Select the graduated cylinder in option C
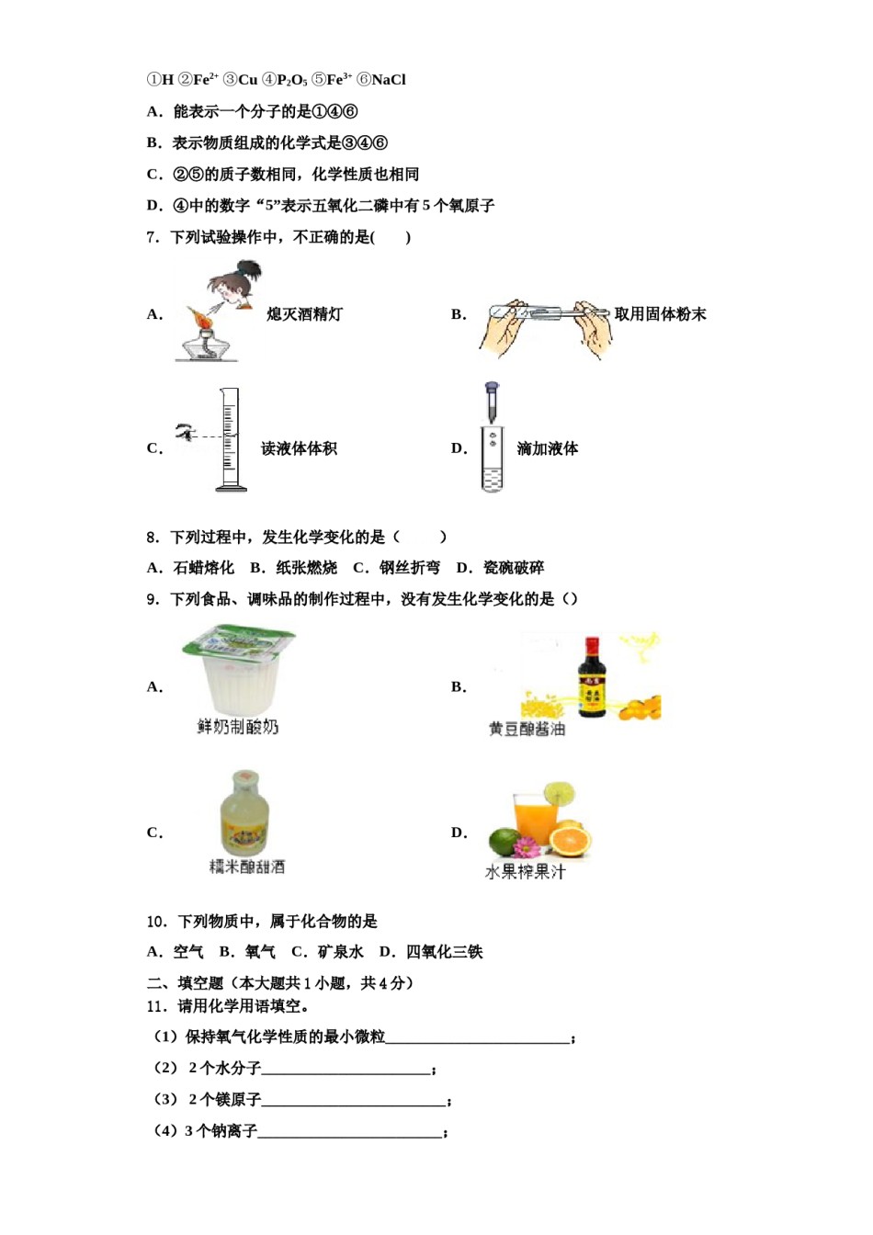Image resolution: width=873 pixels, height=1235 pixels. pyautogui.click(x=229, y=439)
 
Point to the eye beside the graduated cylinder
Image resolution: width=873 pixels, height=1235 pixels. pyautogui.click(x=186, y=430)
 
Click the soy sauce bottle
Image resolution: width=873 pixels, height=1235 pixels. pyautogui.click(x=591, y=678)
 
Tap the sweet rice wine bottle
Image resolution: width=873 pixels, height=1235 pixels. pyautogui.click(x=244, y=813)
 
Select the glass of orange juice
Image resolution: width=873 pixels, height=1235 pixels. pyautogui.click(x=535, y=821)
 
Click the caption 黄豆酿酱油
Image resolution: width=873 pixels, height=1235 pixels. pyautogui.click(x=527, y=729)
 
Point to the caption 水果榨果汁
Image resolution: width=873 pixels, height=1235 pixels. pyautogui.click(x=525, y=871)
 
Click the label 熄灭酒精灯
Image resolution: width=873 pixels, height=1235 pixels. pyautogui.click(x=304, y=314)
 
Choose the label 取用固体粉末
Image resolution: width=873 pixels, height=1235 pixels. pyautogui.click(x=660, y=314)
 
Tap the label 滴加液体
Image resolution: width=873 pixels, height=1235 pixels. pyautogui.click(x=547, y=448)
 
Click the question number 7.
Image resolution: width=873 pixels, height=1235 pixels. pyautogui.click(x=152, y=237)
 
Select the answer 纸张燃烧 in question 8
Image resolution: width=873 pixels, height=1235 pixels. pyautogui.click(x=306, y=568)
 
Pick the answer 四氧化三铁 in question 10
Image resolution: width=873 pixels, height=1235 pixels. pyautogui.click(x=444, y=952)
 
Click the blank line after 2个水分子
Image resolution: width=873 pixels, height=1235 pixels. pyautogui.click(x=346, y=1070)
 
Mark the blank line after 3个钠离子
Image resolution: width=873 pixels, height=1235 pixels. pyautogui.click(x=350, y=1133)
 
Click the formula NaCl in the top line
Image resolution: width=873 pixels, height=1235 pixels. pyautogui.click(x=388, y=80)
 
